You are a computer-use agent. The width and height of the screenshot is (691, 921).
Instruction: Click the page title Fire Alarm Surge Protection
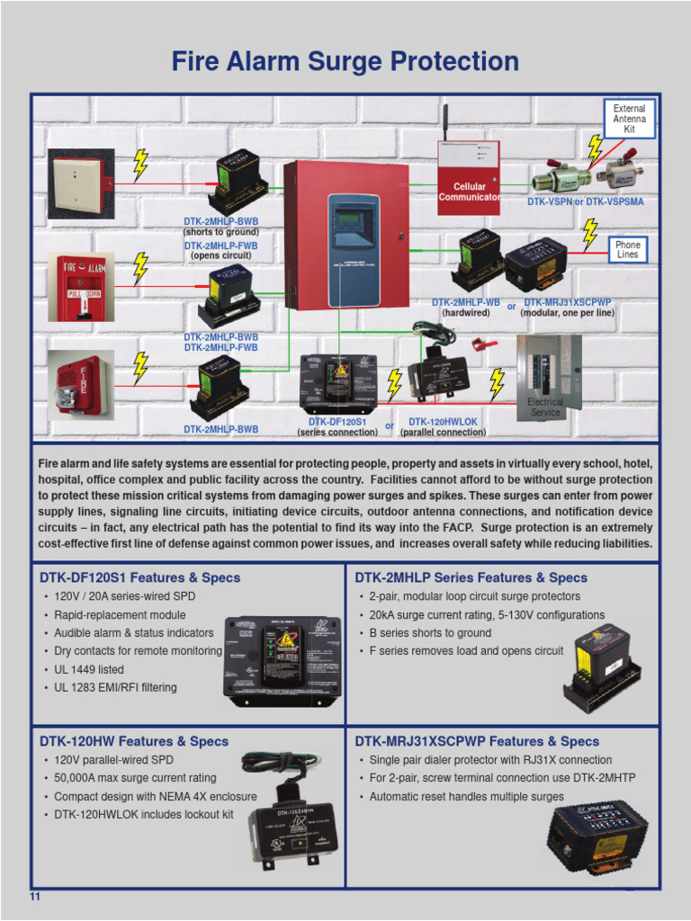tap(345, 62)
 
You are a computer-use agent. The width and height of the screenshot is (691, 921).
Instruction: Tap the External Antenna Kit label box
tap(629, 120)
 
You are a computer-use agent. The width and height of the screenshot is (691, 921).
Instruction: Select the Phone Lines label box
tap(628, 249)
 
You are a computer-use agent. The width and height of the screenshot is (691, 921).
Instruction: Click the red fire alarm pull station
tap(81, 288)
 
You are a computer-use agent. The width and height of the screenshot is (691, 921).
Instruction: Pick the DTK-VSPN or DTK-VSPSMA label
tap(585, 202)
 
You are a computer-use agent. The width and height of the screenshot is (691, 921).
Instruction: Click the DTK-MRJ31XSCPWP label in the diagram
tap(567, 303)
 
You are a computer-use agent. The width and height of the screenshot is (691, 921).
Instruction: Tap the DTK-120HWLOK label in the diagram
tap(443, 421)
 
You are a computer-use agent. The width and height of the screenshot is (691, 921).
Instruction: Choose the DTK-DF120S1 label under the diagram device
tap(337, 421)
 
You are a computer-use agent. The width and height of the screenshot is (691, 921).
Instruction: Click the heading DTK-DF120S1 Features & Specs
tap(139, 577)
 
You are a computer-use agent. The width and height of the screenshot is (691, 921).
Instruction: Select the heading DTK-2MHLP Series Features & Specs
tap(471, 577)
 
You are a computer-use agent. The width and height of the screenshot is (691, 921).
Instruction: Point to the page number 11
tap(36, 898)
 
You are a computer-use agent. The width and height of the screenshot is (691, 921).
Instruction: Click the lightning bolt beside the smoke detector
tap(140, 165)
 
